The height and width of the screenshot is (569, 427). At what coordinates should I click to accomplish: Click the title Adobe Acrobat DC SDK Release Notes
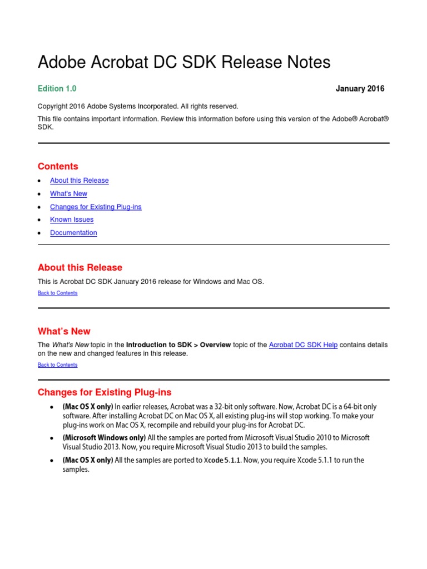tap(183, 62)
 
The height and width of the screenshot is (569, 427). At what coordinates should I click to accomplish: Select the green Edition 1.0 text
tap(57, 89)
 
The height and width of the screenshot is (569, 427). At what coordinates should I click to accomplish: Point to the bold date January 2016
tap(360, 89)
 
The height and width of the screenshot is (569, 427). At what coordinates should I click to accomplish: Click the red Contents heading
tap(58, 166)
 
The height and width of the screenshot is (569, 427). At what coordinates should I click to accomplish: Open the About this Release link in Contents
tap(79, 181)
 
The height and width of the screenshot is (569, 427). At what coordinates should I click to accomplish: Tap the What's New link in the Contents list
tap(68, 194)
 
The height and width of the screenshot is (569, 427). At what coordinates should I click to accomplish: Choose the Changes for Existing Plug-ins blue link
tap(96, 207)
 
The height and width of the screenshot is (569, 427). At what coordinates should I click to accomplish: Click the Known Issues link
tap(72, 219)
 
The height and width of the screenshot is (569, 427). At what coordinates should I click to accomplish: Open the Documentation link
tap(73, 233)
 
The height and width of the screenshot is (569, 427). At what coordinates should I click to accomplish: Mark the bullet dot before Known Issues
tap(39, 220)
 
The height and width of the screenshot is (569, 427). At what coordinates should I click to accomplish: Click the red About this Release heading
tap(80, 267)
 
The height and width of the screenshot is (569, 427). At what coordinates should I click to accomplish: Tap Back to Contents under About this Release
tap(57, 293)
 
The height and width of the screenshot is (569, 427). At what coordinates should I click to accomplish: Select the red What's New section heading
tap(64, 331)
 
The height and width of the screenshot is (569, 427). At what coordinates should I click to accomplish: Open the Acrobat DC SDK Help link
tap(303, 345)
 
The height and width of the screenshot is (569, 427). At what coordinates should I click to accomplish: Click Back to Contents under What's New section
tap(57, 365)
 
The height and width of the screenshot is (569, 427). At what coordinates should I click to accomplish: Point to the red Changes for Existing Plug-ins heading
tap(105, 392)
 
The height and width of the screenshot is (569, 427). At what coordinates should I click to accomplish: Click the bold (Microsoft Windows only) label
tap(104, 438)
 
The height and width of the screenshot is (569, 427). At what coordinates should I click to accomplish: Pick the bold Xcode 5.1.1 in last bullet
tap(222, 460)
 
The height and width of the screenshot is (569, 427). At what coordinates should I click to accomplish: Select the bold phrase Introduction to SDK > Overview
tap(178, 345)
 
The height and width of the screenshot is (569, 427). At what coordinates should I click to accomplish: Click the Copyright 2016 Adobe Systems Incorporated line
tap(137, 106)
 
